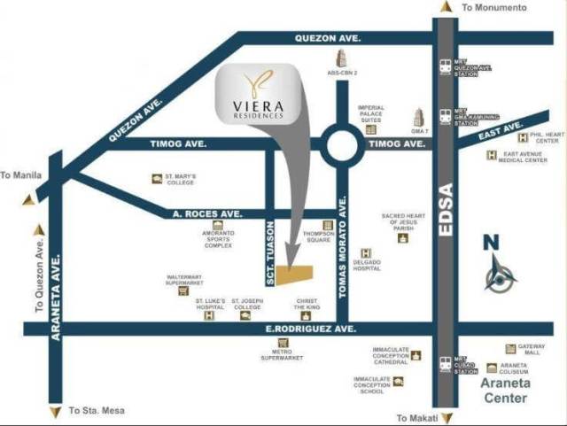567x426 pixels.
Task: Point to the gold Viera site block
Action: pyautogui.click(x=296, y=275)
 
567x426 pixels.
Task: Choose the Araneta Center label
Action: pyautogui.click(x=505, y=391)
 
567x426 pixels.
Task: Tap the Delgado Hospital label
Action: pyautogui.click(x=368, y=265)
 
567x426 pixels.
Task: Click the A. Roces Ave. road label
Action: pyautogui.click(x=199, y=213)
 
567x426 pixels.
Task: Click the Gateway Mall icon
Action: pyautogui.click(x=510, y=349)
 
